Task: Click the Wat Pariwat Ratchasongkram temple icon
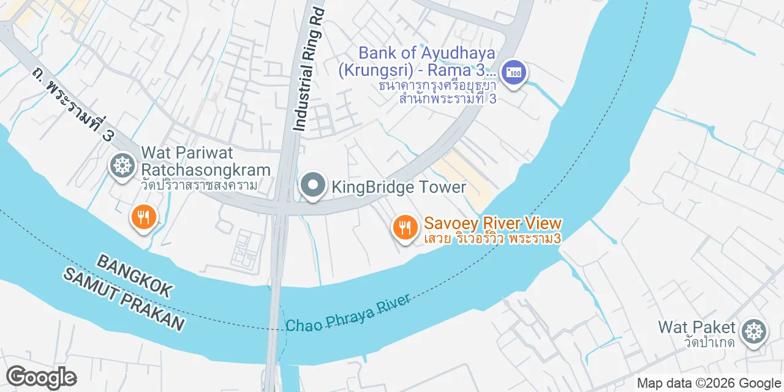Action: coord(123,165)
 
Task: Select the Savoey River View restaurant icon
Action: coord(405,227)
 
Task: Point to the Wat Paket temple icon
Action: coord(754,331)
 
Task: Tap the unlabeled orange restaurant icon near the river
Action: coord(143,216)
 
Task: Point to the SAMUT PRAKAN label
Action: coord(124,300)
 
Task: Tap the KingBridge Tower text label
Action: coord(399,187)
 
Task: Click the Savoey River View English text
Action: coord(492,223)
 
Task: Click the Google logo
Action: coord(41,377)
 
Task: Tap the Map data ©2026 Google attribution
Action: coord(709,383)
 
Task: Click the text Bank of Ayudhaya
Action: coord(426,53)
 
